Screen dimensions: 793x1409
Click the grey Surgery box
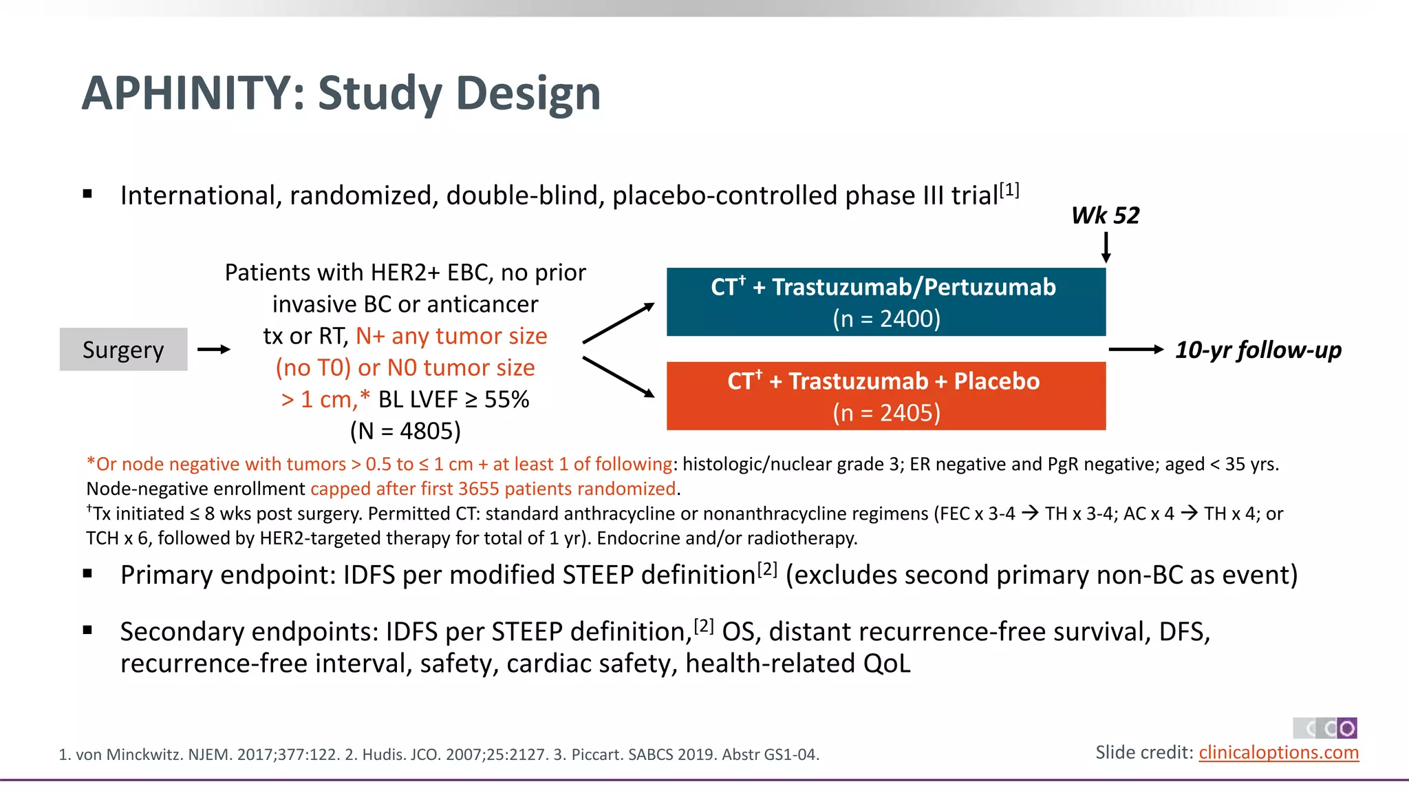coord(123,350)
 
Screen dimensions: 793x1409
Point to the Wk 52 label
coord(1105,215)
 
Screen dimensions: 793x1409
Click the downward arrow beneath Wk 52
coord(1106,248)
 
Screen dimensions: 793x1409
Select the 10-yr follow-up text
coord(1258,350)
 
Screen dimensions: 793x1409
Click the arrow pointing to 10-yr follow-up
coord(1135,350)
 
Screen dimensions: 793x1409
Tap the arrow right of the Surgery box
coord(214,350)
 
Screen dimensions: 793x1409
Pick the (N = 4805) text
coord(405,431)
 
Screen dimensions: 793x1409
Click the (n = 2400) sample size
coord(886,319)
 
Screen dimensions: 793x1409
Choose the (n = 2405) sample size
coord(886,413)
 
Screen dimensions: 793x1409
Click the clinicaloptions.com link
coord(1278,752)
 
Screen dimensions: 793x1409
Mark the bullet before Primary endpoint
coord(87,574)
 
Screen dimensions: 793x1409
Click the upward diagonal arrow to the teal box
coord(618,323)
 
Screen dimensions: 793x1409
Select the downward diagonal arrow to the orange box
coord(618,377)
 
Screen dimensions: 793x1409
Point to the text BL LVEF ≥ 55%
coord(453,399)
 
